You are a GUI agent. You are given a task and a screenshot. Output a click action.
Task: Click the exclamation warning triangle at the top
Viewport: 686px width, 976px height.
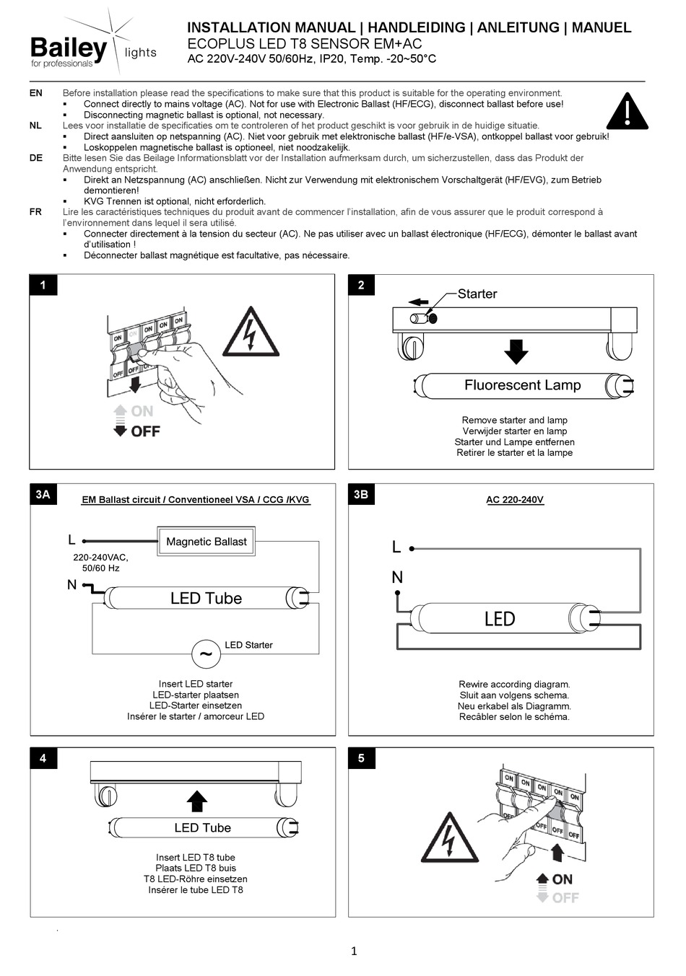627,113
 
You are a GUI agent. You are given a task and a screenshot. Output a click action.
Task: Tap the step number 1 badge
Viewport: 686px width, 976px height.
43,286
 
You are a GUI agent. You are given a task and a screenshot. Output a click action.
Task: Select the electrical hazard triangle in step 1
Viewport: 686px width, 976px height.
251,333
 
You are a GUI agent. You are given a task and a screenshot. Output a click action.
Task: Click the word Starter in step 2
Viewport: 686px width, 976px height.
477,294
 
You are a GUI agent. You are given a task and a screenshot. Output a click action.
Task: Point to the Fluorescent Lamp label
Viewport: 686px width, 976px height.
522,385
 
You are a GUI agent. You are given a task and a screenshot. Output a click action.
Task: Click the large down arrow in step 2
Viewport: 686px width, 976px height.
516,351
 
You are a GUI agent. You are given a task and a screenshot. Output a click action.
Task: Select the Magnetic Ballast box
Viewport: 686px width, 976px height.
206,542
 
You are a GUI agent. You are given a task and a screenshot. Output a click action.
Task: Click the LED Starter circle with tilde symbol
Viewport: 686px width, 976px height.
206,654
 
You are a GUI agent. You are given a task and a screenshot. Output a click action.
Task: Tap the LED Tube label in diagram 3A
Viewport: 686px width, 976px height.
206,598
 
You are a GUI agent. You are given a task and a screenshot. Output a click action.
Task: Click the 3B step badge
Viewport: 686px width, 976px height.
361,495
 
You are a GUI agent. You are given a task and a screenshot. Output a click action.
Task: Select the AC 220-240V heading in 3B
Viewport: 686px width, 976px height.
515,499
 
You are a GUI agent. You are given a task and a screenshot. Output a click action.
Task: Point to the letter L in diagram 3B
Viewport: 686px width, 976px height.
396,548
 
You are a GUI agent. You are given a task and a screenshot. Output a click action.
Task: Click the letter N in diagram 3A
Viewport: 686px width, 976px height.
71,584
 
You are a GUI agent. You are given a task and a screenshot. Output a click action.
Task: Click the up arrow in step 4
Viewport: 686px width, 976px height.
196,801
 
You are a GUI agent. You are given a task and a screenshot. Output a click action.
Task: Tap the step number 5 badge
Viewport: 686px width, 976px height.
361,758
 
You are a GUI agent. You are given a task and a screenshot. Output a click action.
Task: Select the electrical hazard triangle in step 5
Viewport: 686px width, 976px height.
450,838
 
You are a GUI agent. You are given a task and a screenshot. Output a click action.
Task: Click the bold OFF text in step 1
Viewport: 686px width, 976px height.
145,431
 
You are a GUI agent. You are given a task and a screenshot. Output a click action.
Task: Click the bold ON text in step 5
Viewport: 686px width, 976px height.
562,879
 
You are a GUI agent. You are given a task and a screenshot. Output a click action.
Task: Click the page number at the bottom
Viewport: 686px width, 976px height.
354,951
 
